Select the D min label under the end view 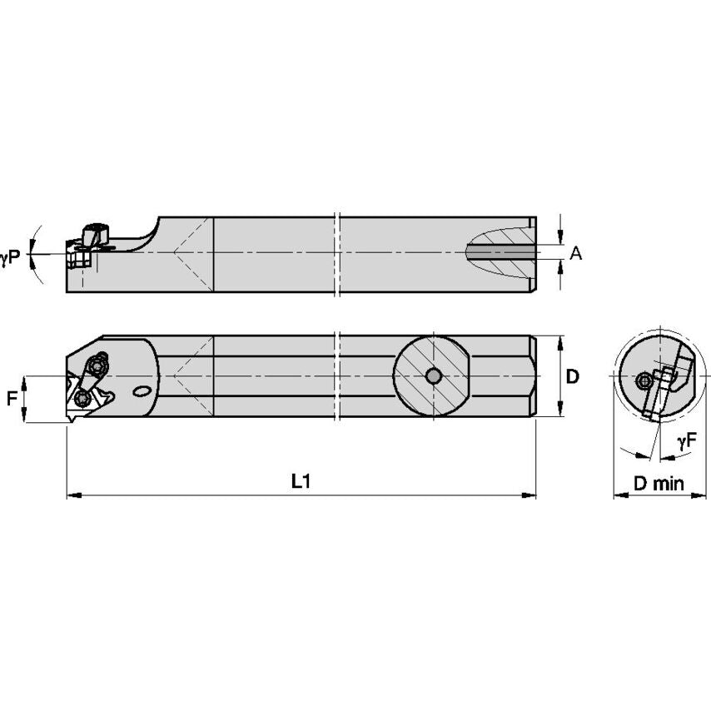pyautogui.click(x=658, y=483)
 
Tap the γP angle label pyautogui.click(x=11, y=259)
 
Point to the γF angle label pyautogui.click(x=688, y=442)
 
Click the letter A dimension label pyautogui.click(x=575, y=253)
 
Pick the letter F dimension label pyautogui.click(x=12, y=399)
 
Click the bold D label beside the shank pyautogui.click(x=573, y=376)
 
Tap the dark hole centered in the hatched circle pyautogui.click(x=432, y=376)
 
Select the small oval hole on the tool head pyautogui.click(x=143, y=390)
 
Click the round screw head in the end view pyautogui.click(x=644, y=380)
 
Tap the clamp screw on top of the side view pyautogui.click(x=97, y=230)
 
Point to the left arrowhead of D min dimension pyautogui.click(x=618, y=495)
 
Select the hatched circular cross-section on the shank pyautogui.click(x=432, y=376)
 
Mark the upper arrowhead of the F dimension pyautogui.click(x=26, y=380)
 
